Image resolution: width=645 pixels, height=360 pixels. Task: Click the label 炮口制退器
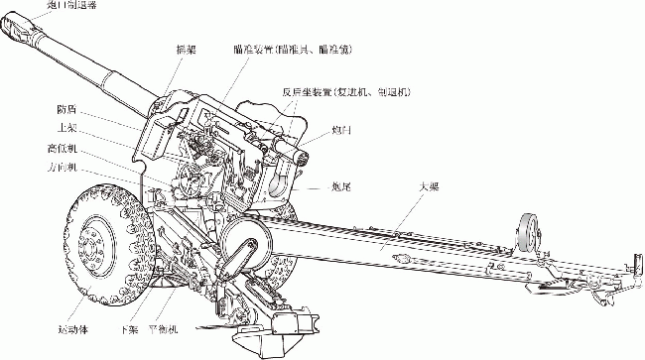point(71,4)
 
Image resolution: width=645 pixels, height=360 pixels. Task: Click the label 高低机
point(62,148)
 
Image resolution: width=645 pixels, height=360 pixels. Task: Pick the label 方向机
point(62,168)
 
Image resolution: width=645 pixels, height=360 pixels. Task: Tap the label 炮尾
point(344,185)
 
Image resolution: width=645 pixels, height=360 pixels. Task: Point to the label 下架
point(127,327)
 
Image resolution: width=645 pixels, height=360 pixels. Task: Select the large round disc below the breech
point(241,241)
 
